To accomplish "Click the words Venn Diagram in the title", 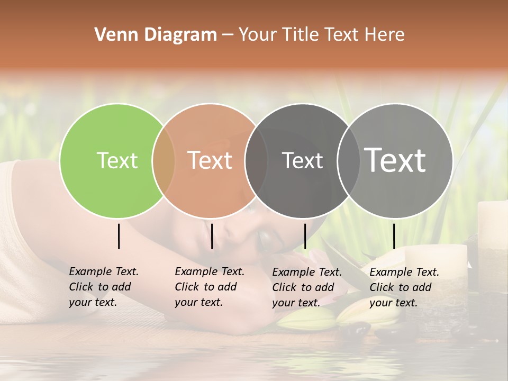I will coord(156,35).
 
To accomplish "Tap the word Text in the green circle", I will coord(117,160).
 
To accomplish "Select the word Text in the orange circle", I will coord(210,160).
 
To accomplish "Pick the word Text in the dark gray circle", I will coord(302,160).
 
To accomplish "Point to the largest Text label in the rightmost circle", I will coord(395,160).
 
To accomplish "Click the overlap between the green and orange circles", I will coord(164,161).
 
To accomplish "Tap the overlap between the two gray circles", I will coord(349,161).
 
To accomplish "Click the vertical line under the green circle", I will coord(119,236).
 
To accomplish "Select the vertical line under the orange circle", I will coord(212,236).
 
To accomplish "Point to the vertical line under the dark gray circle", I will coord(305,236).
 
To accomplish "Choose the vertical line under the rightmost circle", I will coord(394,236).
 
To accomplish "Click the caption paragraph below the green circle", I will coord(103,287).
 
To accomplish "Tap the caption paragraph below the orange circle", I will coord(209,287).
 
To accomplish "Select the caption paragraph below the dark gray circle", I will coord(306,287).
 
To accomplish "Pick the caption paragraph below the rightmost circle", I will coord(404,287).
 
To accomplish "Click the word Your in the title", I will coord(258,35).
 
